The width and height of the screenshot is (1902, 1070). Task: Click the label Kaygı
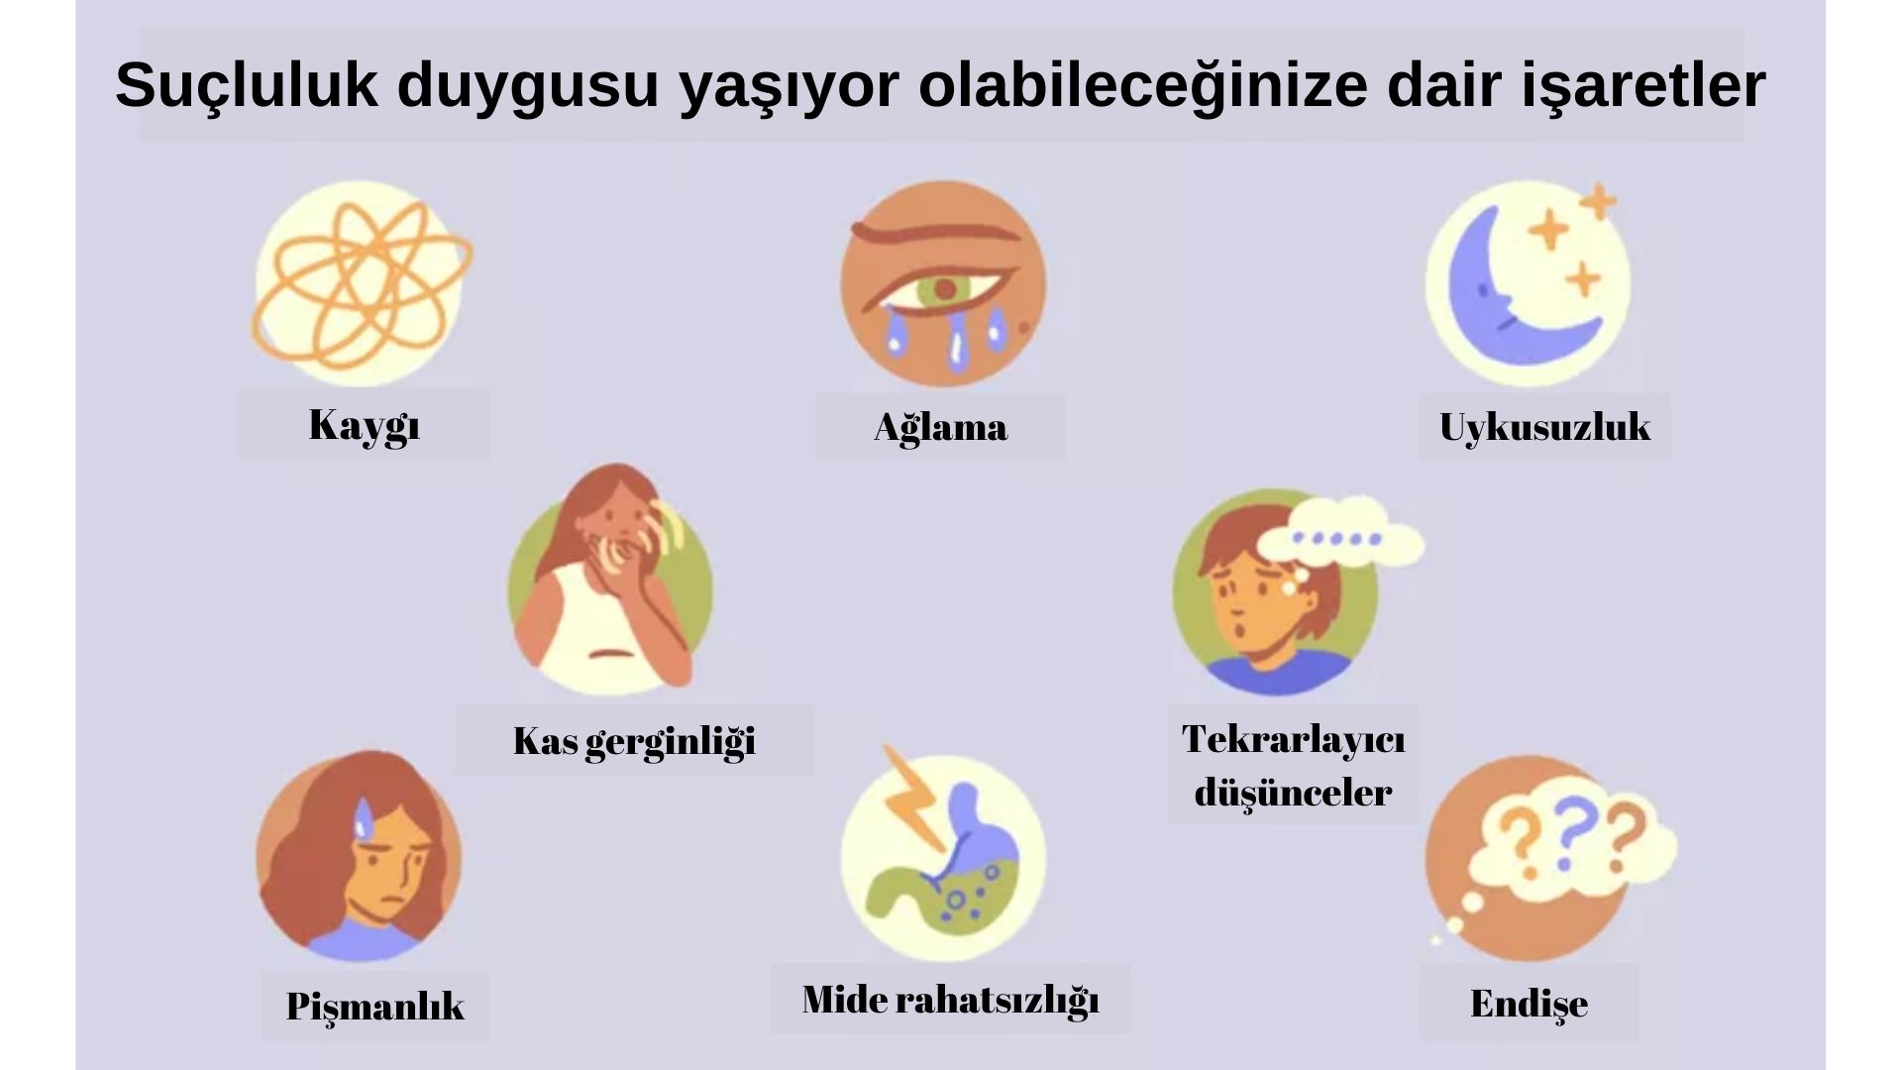pos(365,425)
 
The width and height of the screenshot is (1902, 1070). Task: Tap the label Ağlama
pos(940,427)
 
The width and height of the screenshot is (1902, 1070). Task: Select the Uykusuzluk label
pos(1544,427)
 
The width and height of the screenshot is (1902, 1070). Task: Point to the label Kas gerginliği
pos(634,740)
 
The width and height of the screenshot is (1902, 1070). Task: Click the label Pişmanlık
pos(374,1006)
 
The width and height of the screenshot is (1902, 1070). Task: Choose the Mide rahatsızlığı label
pos(950,999)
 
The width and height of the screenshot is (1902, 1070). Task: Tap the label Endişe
pos(1529,1003)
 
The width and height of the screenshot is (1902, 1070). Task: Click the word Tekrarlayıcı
pos(1293,738)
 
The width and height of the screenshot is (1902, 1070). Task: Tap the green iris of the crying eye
pos(943,289)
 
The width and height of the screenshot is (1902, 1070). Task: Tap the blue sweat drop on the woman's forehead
pos(364,817)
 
